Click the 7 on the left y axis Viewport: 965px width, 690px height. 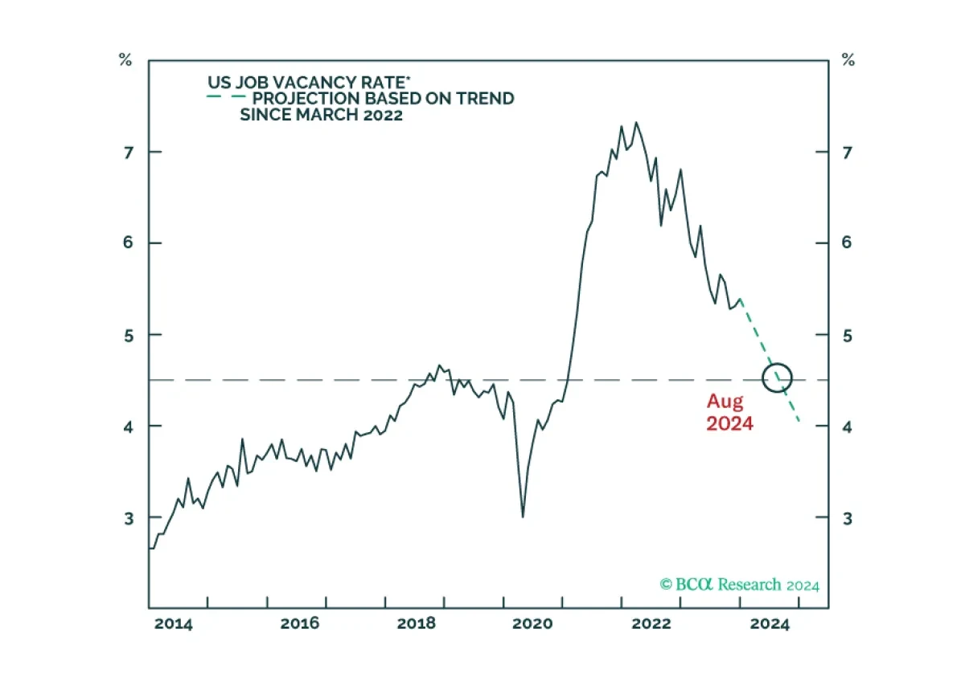pyautogui.click(x=126, y=152)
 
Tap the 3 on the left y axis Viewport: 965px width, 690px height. pyautogui.click(x=126, y=517)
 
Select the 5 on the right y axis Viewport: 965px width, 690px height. pyautogui.click(x=847, y=335)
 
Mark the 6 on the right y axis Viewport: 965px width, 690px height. pyautogui.click(x=847, y=243)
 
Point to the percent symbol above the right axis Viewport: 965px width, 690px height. pyautogui.click(x=847, y=59)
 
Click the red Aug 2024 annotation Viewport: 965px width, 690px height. pyautogui.click(x=729, y=412)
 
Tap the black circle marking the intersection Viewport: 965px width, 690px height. pyautogui.click(x=778, y=378)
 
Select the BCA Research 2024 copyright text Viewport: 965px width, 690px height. pyautogui.click(x=739, y=585)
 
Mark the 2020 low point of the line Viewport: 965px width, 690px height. pyautogui.click(x=523, y=516)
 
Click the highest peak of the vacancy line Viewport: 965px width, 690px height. pyautogui.click(x=636, y=123)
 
